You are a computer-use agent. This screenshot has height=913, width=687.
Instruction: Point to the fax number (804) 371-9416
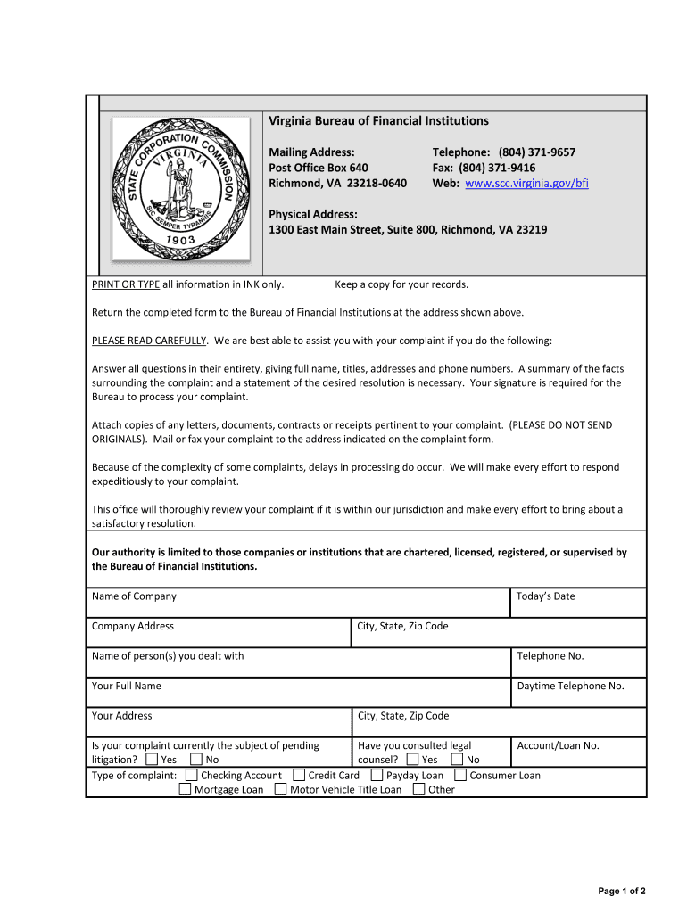tap(497, 168)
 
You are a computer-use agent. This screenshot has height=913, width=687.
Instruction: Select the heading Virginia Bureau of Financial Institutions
tap(378, 120)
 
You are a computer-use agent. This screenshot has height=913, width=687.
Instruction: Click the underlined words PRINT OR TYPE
tap(126, 284)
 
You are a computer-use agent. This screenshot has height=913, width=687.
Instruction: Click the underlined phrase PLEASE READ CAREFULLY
tap(149, 341)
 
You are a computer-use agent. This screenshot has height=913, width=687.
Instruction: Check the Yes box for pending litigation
tap(152, 760)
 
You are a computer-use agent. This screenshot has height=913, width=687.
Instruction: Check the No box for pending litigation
tap(196, 760)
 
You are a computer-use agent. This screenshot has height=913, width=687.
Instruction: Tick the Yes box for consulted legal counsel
tap(412, 760)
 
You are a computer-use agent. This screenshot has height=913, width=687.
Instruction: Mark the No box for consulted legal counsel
tap(458, 760)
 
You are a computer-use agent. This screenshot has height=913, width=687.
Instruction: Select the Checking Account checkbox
tap(192, 776)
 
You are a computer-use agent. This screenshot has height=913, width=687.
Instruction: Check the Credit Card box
tap(299, 776)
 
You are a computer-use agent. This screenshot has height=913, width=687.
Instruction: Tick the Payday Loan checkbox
tap(377, 776)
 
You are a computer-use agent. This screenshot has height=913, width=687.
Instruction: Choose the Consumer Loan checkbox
tap(460, 776)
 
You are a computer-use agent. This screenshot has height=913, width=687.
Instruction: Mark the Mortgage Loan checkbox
tap(185, 789)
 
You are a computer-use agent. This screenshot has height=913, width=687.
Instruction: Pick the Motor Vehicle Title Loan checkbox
tap(281, 789)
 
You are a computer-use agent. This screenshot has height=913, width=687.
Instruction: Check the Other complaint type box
tap(419, 789)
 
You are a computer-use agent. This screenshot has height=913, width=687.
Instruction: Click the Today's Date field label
tap(545, 596)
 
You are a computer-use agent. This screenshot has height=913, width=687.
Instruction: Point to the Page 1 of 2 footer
tap(621, 892)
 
